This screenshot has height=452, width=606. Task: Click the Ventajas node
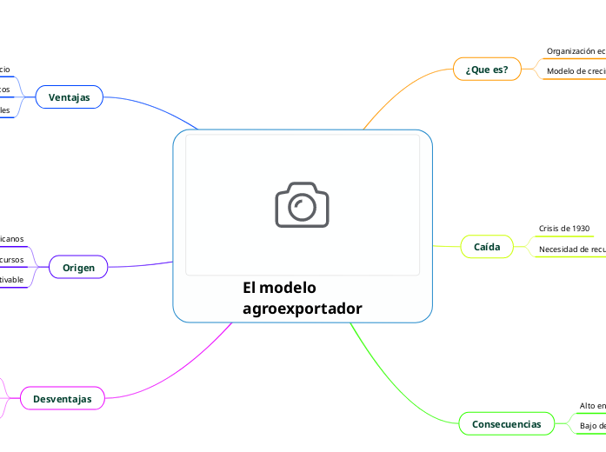coord(70,97)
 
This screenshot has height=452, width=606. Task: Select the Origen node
coord(78,268)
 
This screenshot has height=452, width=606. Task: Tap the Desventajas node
coord(62,398)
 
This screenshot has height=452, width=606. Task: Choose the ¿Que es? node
coord(487,70)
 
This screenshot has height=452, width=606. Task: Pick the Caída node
coord(487,247)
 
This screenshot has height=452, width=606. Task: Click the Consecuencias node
coord(506,424)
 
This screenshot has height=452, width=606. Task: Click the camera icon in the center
coord(302,205)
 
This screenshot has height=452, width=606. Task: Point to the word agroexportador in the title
coord(302,309)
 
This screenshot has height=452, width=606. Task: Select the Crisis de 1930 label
coord(564,229)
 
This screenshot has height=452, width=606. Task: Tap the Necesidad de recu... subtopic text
coord(572,249)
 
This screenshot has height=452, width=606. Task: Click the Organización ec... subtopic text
coord(576,51)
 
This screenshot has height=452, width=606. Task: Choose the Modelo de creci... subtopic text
coord(576,71)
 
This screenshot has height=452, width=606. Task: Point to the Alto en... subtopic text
coord(592,406)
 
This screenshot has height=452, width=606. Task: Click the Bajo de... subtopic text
coord(592,426)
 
